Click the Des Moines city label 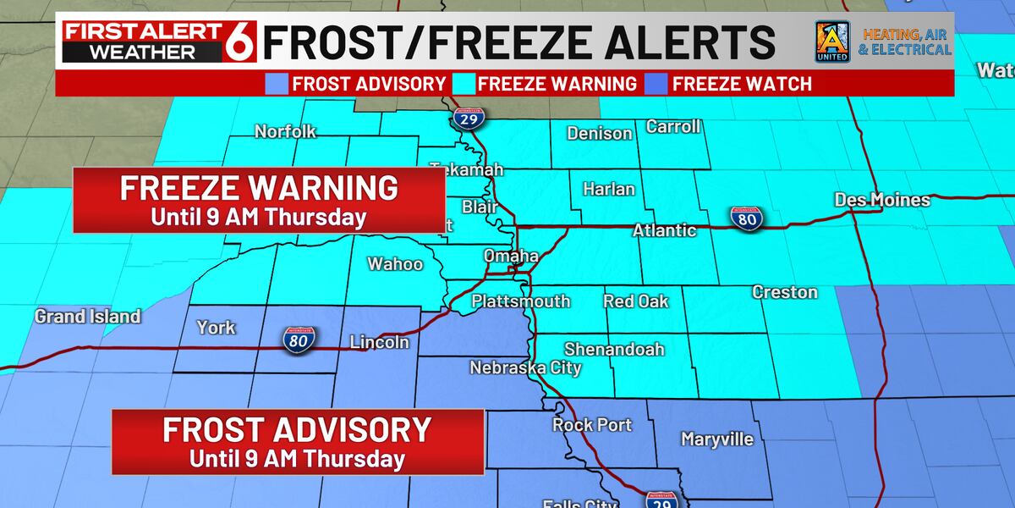882,201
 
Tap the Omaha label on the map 511,256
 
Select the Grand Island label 87,317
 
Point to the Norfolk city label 285,131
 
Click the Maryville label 717,439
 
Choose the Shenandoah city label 614,349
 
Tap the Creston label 785,292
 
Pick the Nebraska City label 526,367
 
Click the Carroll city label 673,127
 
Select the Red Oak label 635,301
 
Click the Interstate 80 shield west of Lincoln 301,340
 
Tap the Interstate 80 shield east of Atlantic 748,219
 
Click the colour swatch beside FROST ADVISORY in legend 275,84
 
